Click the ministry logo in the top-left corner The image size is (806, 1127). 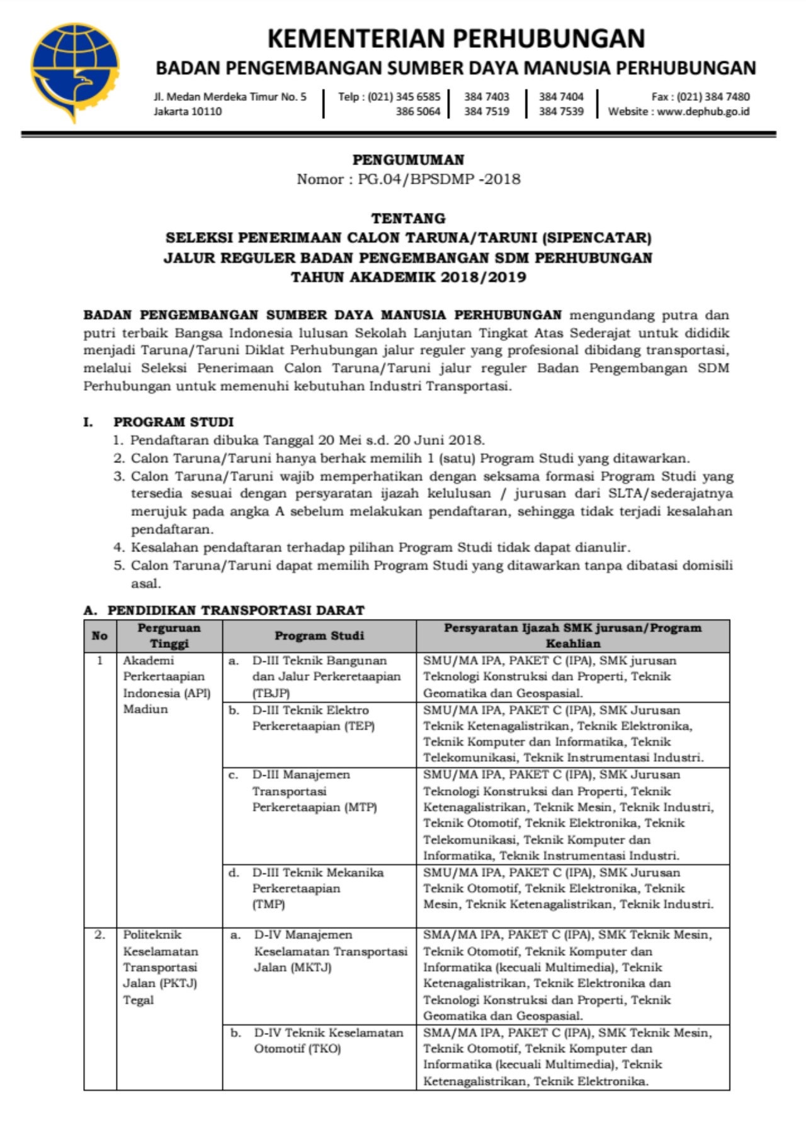click(74, 71)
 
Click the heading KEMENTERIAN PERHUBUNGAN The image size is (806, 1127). click(456, 38)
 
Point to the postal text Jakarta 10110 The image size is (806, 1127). click(188, 112)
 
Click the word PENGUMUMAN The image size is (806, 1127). click(408, 160)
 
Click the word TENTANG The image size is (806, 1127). click(408, 219)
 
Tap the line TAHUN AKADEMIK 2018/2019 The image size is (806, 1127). click(408, 277)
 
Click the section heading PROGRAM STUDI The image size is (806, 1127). click(173, 422)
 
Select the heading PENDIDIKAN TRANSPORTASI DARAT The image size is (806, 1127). click(236, 610)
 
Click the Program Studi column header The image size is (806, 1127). click(319, 635)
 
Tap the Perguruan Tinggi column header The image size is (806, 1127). click(169, 635)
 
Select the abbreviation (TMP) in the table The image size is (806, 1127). click(268, 904)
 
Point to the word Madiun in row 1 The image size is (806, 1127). click(145, 709)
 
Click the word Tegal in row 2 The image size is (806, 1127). click(139, 1000)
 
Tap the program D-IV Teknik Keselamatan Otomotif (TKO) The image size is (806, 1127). click(327, 1041)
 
